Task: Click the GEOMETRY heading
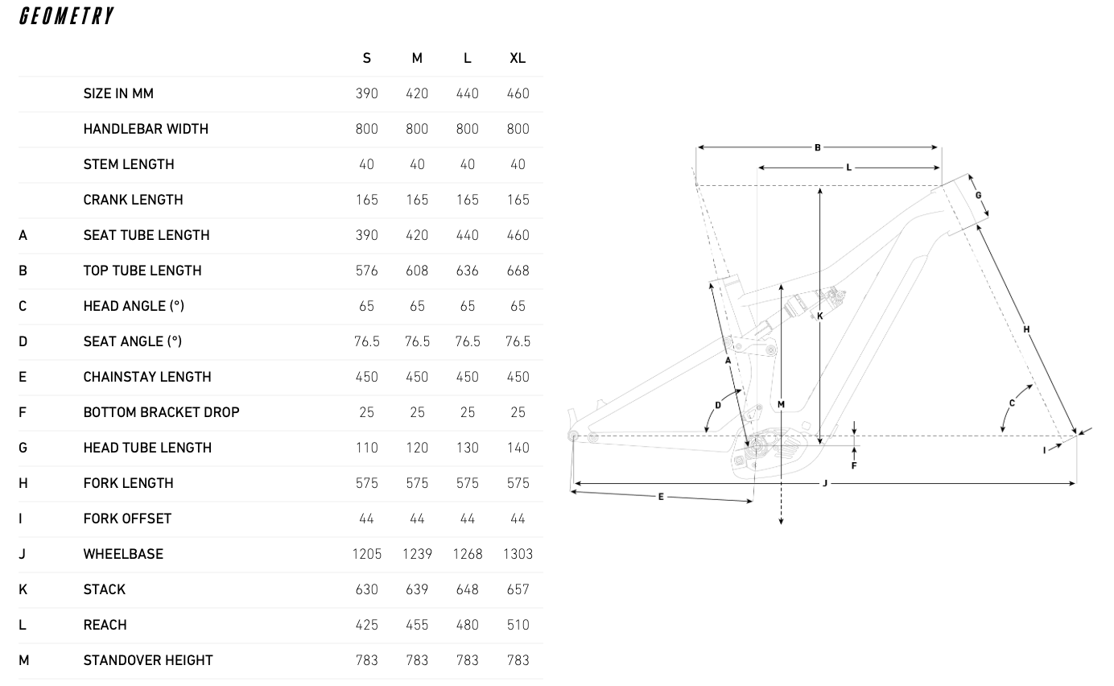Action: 66,16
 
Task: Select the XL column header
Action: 518,58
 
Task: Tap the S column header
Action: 367,58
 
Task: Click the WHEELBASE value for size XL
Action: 518,554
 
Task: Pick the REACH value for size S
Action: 367,625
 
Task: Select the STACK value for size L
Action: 468,589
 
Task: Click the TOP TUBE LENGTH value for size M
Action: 417,271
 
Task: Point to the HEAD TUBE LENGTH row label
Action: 147,448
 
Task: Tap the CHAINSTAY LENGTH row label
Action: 147,377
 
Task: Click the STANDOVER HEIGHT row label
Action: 148,660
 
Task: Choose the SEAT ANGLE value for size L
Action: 468,341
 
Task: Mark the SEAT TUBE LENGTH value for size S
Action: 367,235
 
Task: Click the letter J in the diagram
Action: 825,483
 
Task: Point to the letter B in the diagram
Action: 818,147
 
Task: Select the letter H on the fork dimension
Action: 1026,329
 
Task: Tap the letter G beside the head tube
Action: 979,196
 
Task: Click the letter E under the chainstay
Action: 661,497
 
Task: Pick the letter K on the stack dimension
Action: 820,316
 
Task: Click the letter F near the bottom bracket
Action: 854,465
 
